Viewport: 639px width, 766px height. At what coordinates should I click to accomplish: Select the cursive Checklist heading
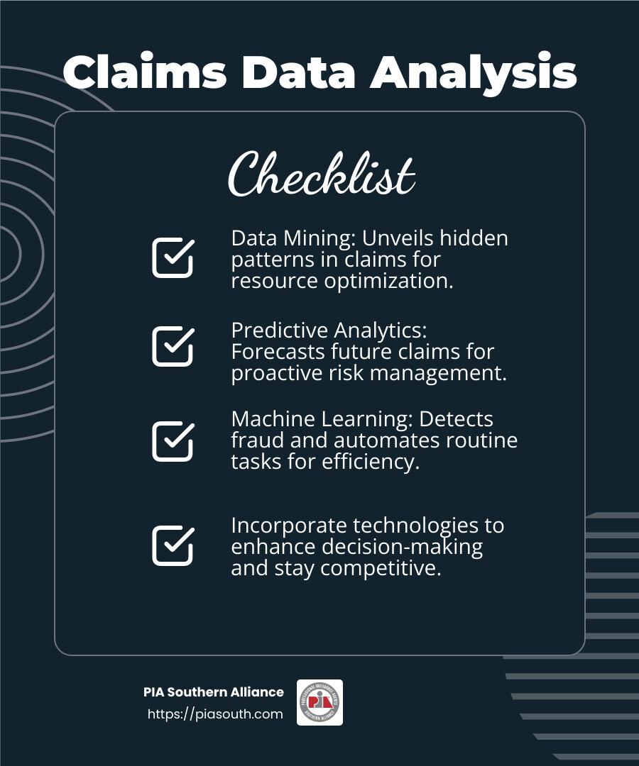(x=321, y=174)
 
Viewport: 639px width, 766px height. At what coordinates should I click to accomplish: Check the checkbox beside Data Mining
(x=173, y=258)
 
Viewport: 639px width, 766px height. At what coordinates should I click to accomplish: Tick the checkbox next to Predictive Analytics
(x=173, y=346)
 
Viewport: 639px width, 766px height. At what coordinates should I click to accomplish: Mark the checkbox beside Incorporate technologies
(x=173, y=545)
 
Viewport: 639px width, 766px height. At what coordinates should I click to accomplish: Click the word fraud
(x=253, y=440)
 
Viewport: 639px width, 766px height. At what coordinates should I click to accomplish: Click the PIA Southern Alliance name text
(x=213, y=692)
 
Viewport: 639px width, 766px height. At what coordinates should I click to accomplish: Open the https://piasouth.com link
(x=215, y=714)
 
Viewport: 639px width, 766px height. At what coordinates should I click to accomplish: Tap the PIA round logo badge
(x=319, y=702)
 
